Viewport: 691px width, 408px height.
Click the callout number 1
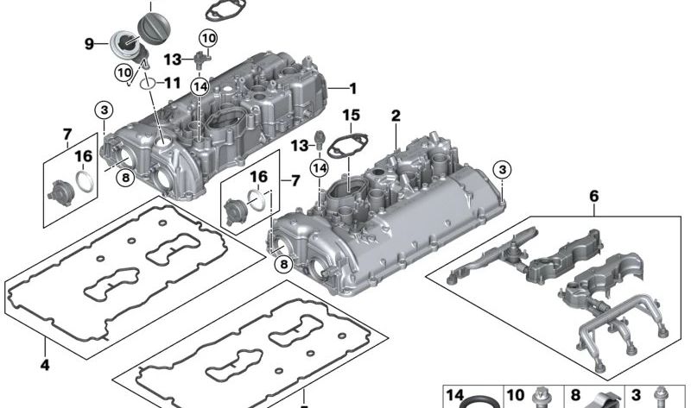[x=352, y=88]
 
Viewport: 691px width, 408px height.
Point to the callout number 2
[x=396, y=116]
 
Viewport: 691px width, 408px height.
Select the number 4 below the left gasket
[x=44, y=366]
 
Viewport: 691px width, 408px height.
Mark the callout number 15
[x=350, y=115]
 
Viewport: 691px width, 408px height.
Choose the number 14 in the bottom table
[x=455, y=395]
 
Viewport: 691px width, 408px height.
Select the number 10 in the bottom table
[x=515, y=395]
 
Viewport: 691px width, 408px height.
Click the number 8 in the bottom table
[x=577, y=395]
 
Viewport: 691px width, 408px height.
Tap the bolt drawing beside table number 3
[x=662, y=397]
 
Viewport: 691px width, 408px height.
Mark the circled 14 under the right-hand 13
[x=320, y=166]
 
